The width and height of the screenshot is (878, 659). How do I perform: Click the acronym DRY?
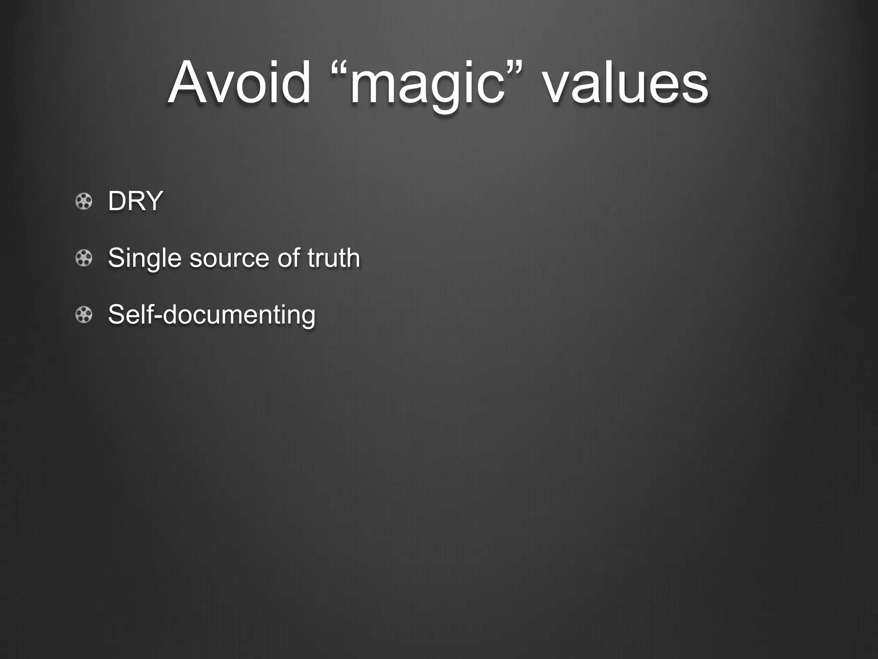pyautogui.click(x=135, y=201)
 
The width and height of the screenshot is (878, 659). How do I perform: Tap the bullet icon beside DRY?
pyautogui.click(x=84, y=201)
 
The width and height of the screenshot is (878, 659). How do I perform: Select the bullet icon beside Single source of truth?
pyautogui.click(x=84, y=258)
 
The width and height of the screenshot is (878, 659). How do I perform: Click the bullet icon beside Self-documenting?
pyautogui.click(x=84, y=315)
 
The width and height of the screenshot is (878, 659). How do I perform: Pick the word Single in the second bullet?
pyautogui.click(x=144, y=258)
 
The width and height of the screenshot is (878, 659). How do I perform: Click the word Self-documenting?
pyautogui.click(x=212, y=314)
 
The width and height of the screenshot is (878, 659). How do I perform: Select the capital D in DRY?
pyautogui.click(x=117, y=201)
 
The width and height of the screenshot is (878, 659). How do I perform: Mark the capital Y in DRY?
pyautogui.click(x=153, y=201)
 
